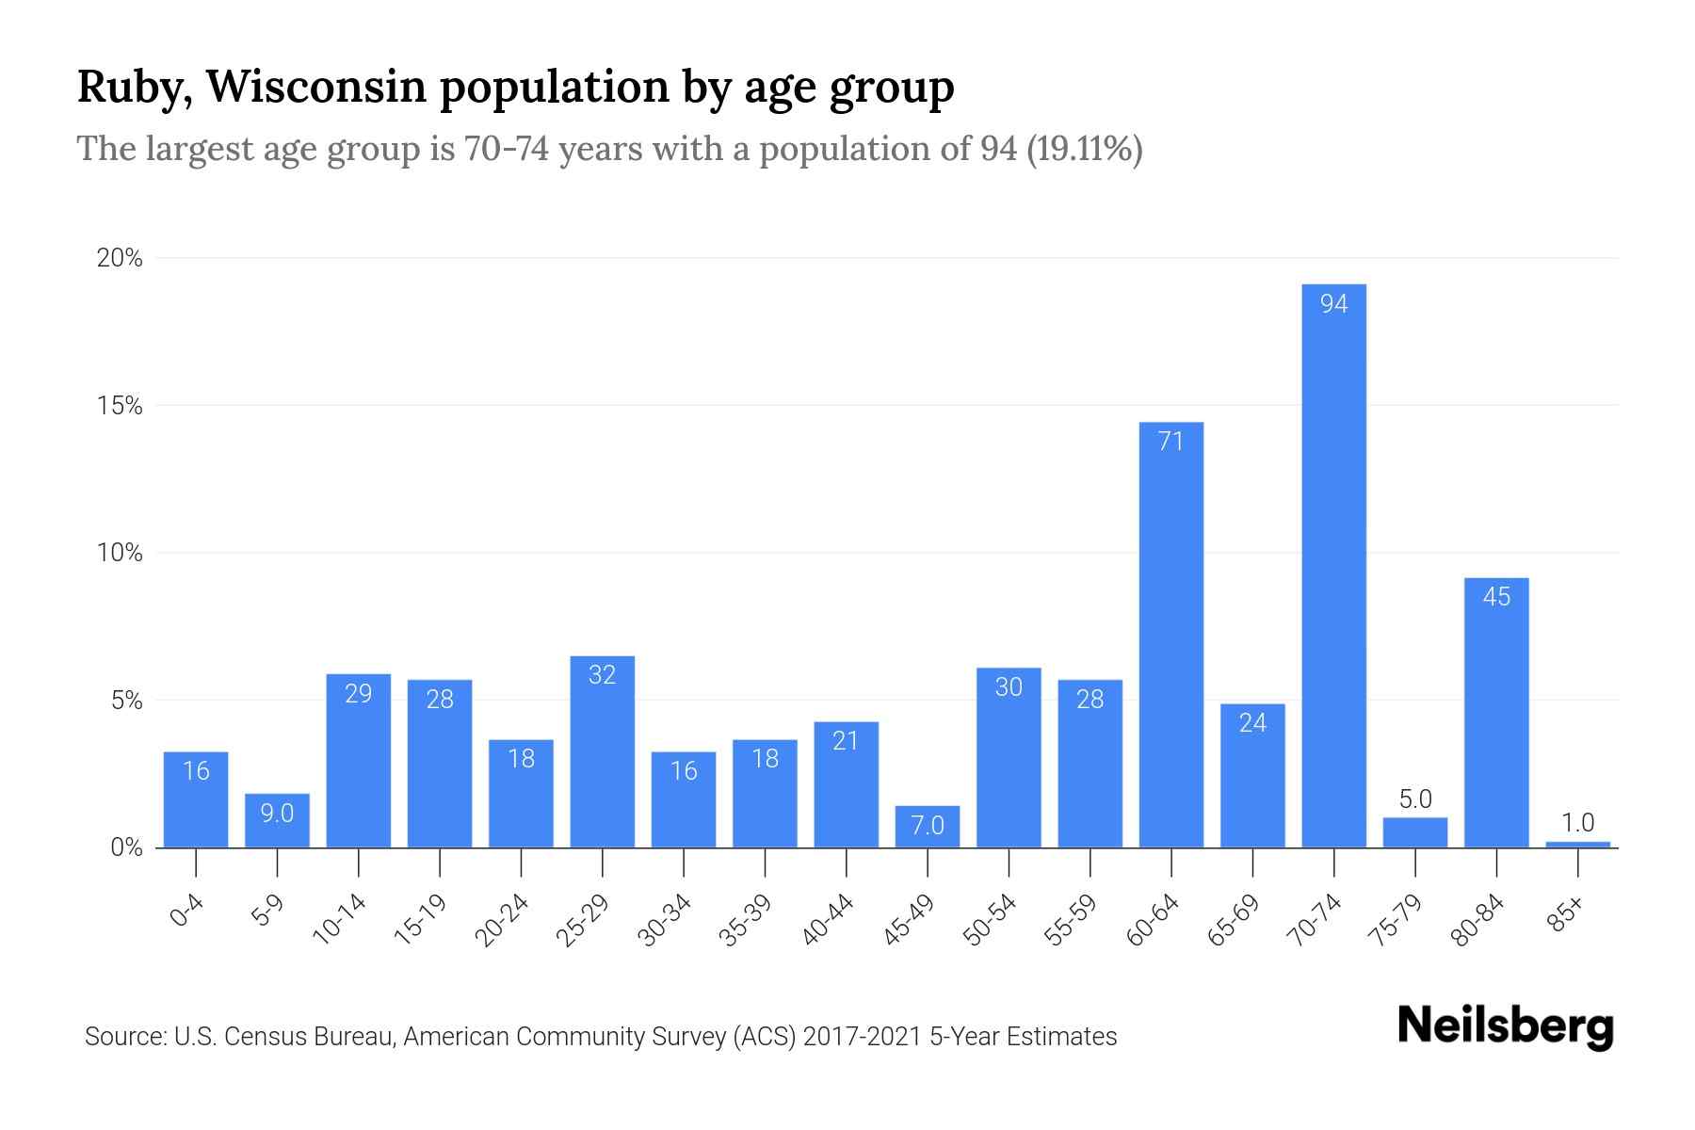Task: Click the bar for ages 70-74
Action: (1333, 565)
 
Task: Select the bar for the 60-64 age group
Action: (1170, 636)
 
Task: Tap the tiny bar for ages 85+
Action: (1577, 844)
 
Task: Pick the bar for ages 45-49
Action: (928, 827)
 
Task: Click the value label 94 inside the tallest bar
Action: (1333, 304)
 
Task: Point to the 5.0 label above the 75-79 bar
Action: (1414, 799)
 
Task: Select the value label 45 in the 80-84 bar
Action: (1496, 597)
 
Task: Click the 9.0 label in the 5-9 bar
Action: (277, 814)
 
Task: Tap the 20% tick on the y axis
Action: (120, 259)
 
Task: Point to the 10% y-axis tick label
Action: (120, 554)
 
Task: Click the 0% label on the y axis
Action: (126, 848)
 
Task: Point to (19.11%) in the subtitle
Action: (1084, 149)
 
